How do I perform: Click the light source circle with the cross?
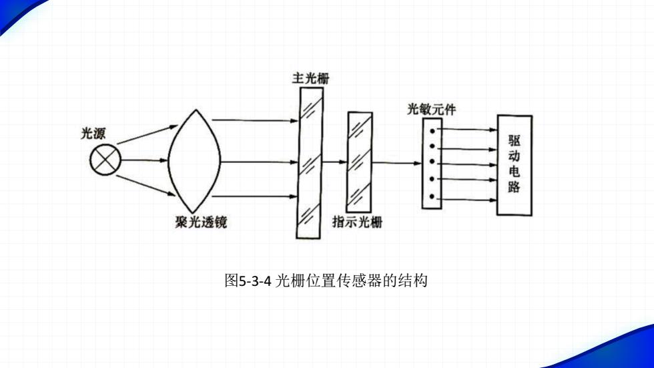click(x=105, y=160)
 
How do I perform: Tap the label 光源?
click(x=93, y=134)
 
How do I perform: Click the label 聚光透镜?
click(x=201, y=222)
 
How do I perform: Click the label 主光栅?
click(x=311, y=78)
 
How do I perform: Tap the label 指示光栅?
click(x=357, y=222)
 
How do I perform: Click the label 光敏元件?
click(x=431, y=110)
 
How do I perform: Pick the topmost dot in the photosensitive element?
click(x=432, y=131)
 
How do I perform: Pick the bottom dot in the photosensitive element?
click(x=432, y=196)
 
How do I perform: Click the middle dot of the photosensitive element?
click(x=432, y=162)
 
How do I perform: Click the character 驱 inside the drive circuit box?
click(x=515, y=141)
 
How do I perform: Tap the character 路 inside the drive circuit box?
click(x=515, y=186)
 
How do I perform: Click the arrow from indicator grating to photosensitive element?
click(x=397, y=163)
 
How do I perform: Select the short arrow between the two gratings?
click(x=335, y=162)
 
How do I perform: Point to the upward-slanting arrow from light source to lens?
click(x=147, y=134)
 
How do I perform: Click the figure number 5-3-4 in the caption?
click(x=255, y=281)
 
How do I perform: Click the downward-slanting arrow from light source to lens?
click(x=146, y=186)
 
